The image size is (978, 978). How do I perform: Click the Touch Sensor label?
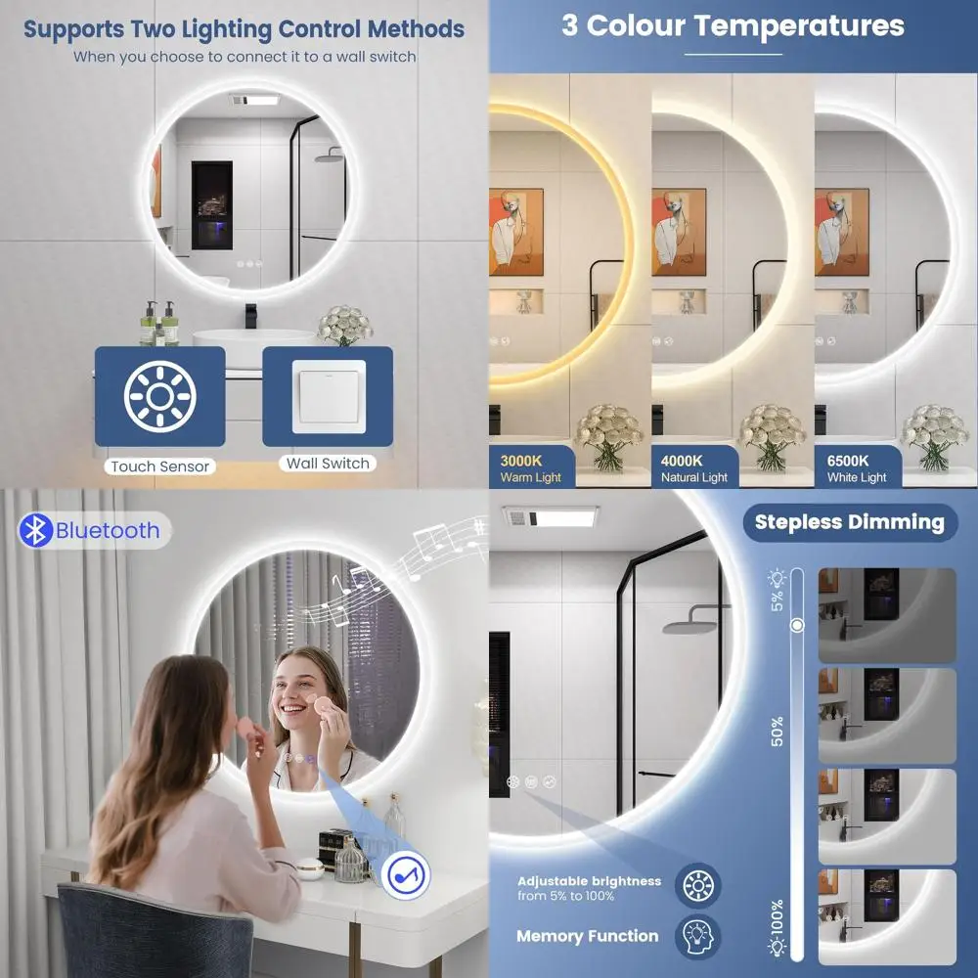[159, 467]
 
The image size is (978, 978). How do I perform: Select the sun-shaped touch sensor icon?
[159, 395]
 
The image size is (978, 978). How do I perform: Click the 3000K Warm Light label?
[530, 468]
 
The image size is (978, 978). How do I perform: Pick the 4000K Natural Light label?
[694, 468]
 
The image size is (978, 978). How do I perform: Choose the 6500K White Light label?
[857, 468]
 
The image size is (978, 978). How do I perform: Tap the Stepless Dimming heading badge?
[849, 522]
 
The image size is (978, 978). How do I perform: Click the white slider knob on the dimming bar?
[797, 625]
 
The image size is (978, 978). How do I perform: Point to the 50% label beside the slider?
[778, 732]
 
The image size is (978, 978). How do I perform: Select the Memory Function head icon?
[697, 936]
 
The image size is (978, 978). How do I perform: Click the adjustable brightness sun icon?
[697, 886]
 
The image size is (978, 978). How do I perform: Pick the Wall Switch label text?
[328, 464]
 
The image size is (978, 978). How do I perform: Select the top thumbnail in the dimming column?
[886, 615]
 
